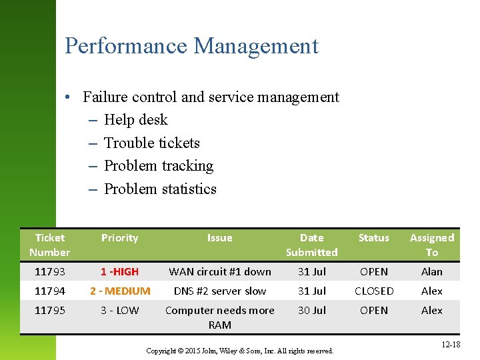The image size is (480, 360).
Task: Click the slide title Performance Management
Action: (191, 46)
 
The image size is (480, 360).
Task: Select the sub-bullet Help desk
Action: (135, 120)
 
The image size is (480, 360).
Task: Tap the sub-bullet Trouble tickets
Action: (151, 143)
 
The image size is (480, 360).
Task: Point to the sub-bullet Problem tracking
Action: (158, 166)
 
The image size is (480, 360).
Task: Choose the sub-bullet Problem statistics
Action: (160, 189)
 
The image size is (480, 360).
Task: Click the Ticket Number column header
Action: (50, 245)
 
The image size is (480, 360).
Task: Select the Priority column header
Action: (119, 238)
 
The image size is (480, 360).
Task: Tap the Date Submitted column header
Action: (311, 245)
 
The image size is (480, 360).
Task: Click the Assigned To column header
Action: (431, 245)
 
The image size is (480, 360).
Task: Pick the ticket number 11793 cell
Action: (50, 272)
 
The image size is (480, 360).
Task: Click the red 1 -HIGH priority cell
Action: (119, 272)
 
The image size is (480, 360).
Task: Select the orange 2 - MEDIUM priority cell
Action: (119, 291)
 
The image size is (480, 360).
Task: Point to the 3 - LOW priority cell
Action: (119, 311)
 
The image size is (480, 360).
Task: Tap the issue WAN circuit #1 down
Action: (219, 272)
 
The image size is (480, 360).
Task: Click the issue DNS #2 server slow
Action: (219, 291)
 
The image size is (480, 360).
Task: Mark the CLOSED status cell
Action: (373, 291)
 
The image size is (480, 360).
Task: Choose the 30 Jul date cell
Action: (311, 311)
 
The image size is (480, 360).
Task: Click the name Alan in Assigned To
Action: (431, 272)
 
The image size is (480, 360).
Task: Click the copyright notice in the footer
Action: (239, 351)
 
